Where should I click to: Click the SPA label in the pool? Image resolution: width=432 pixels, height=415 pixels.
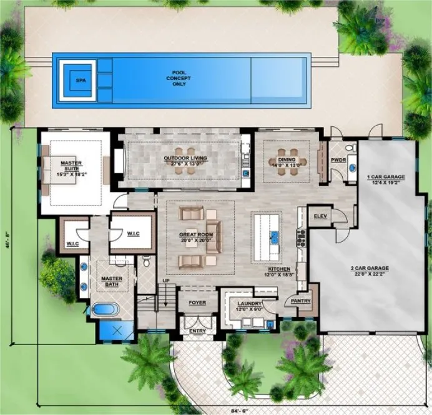79,81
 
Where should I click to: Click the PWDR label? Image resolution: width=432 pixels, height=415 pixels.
338,160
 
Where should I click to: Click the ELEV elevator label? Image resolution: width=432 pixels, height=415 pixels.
321,216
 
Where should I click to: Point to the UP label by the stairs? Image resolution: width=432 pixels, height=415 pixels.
165,281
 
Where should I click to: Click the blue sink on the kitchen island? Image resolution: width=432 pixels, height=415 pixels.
274,237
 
